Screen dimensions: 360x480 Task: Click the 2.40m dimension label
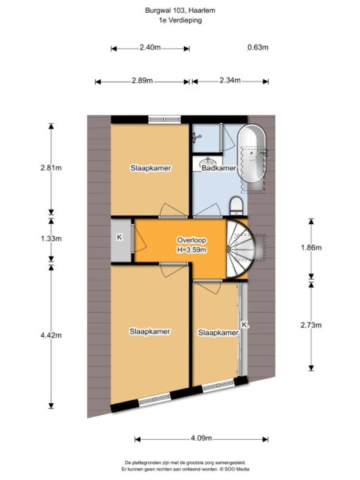click(150, 48)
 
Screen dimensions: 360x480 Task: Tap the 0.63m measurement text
click(258, 47)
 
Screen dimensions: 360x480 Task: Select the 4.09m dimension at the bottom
click(202, 438)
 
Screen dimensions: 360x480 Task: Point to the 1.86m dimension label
click(311, 248)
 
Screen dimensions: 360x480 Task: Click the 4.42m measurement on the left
click(51, 335)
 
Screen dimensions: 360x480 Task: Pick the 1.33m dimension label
click(51, 238)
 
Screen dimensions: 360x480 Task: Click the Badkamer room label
click(219, 168)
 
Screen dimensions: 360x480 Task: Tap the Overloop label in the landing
click(192, 240)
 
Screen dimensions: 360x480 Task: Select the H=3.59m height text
click(192, 250)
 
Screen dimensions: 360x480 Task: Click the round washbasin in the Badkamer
click(208, 162)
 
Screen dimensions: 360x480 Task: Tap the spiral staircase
click(240, 249)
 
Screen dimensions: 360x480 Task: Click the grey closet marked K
click(122, 240)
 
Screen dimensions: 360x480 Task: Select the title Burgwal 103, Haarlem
click(180, 10)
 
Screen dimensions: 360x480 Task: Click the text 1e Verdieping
click(180, 21)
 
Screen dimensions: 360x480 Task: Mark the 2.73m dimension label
click(311, 325)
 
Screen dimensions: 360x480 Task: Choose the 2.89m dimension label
click(142, 81)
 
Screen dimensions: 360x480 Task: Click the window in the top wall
click(164, 119)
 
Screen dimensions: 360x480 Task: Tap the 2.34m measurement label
click(230, 81)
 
